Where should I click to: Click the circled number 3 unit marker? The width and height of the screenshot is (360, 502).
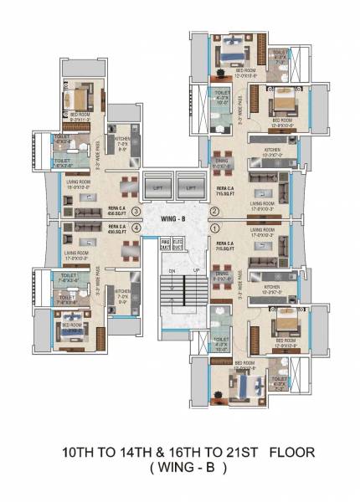coord(147,211)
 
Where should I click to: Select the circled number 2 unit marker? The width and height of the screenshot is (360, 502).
coord(215,211)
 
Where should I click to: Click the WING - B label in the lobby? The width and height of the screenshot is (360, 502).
coord(180,218)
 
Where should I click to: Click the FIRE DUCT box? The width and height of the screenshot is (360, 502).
coord(166,244)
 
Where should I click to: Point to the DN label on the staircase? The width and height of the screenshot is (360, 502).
coord(172,271)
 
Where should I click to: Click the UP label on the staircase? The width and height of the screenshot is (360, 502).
coord(194,271)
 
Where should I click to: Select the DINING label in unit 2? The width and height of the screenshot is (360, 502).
coord(222,165)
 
